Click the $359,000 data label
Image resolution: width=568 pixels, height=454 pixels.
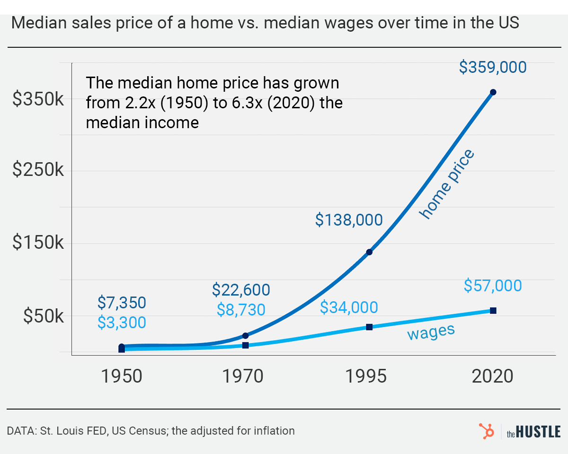pyautogui.click(x=492, y=68)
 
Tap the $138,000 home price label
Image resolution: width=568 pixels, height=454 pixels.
pyautogui.click(x=349, y=220)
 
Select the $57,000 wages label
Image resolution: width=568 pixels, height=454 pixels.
pyautogui.click(x=492, y=286)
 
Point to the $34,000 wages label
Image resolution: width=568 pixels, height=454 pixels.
pyautogui.click(x=349, y=307)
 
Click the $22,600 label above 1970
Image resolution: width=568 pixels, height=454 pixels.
pyautogui.click(x=240, y=289)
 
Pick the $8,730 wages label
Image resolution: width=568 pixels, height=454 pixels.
pyautogui.click(x=240, y=309)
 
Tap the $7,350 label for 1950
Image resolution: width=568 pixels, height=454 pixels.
pyautogui.click(x=122, y=302)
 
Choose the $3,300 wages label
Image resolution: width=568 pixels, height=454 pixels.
pyautogui.click(x=122, y=322)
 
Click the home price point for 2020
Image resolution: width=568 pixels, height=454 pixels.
pyautogui.click(x=493, y=92)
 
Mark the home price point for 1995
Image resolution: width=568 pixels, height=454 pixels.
pyautogui.click(x=369, y=252)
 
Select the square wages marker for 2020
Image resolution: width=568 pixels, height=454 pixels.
pyautogui.click(x=493, y=311)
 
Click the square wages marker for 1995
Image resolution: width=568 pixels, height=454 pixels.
pyautogui.click(x=369, y=327)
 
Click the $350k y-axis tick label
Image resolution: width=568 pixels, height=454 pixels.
pyautogui.click(x=38, y=99)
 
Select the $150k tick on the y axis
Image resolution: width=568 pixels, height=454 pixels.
pyautogui.click(x=38, y=244)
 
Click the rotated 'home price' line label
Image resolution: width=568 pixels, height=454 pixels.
pyautogui.click(x=446, y=184)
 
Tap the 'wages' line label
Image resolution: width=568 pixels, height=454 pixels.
pyautogui.click(x=431, y=331)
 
